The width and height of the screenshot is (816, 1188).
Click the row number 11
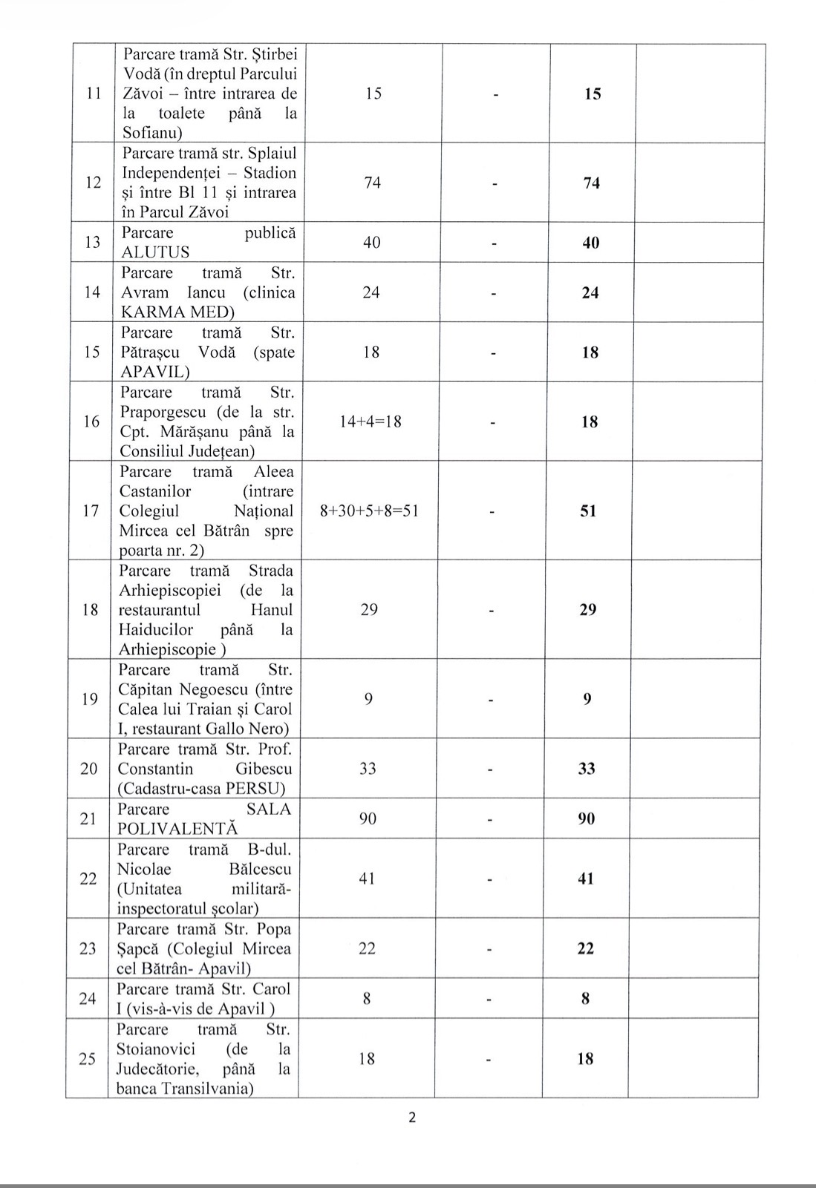(x=94, y=93)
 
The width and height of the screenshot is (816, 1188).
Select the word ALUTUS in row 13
(x=155, y=252)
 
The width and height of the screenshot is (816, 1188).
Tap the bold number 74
(x=592, y=183)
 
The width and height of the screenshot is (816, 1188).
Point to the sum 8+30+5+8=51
(x=369, y=511)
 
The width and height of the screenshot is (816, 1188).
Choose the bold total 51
(x=588, y=511)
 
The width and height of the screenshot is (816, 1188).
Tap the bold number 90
(x=587, y=819)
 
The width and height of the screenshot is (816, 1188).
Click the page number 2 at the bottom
(x=412, y=1118)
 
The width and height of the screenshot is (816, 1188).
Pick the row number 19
(x=90, y=699)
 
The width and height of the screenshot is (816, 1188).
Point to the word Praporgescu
(x=168, y=412)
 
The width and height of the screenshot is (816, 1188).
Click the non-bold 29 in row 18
(x=369, y=610)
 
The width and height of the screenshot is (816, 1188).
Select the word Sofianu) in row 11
(x=152, y=134)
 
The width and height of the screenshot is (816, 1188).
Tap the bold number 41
(x=586, y=879)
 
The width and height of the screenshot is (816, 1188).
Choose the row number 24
(x=88, y=999)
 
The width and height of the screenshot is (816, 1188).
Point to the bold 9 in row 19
(x=587, y=699)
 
